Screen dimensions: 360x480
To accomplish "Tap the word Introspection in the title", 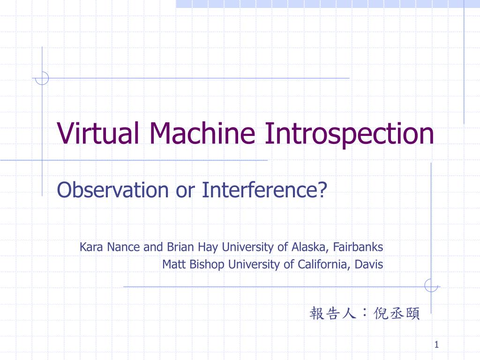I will point(349,133).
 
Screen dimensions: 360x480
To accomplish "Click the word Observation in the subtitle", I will point(112,190).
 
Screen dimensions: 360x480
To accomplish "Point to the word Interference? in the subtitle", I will point(264,190).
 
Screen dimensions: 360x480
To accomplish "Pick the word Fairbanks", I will point(358,247).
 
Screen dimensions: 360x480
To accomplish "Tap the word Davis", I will point(369,264).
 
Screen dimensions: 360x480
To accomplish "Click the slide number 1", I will point(436,345).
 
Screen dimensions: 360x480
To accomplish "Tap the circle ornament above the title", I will point(42,78).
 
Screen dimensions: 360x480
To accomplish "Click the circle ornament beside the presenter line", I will point(431,285).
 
